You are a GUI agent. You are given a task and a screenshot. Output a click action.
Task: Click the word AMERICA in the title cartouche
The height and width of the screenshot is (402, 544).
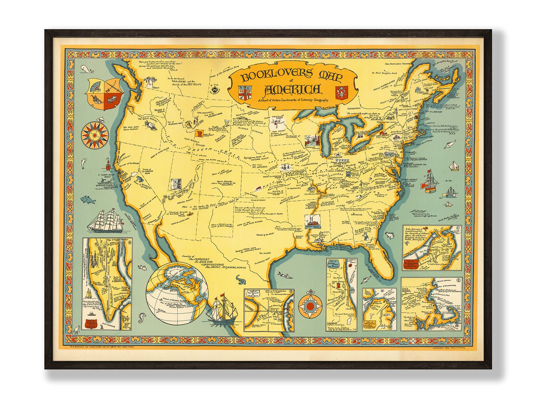coord(292,89)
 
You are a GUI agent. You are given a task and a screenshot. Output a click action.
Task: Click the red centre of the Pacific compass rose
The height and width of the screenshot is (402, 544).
coord(94,135)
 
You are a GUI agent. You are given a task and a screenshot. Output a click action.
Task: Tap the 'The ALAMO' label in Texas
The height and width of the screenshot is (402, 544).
coord(265,253)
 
